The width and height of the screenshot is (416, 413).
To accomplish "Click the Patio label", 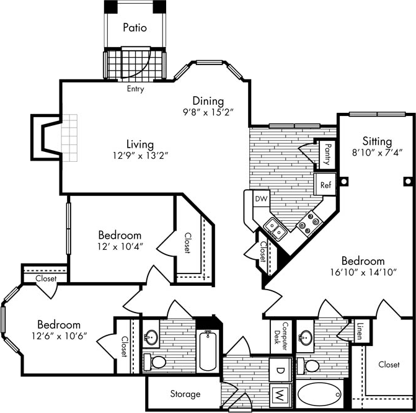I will tap(135, 27).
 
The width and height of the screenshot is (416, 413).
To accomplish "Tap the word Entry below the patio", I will tap(135, 89).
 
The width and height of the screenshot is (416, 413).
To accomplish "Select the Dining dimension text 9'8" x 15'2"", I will tap(208, 113).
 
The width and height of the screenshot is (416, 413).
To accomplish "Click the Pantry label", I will tap(325, 155).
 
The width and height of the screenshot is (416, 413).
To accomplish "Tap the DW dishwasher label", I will tap(260, 199).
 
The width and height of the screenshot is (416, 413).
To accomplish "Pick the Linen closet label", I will tap(359, 332).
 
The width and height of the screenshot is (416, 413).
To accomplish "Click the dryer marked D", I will tap(280, 370).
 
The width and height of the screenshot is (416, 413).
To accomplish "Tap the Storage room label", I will tap(185, 394).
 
